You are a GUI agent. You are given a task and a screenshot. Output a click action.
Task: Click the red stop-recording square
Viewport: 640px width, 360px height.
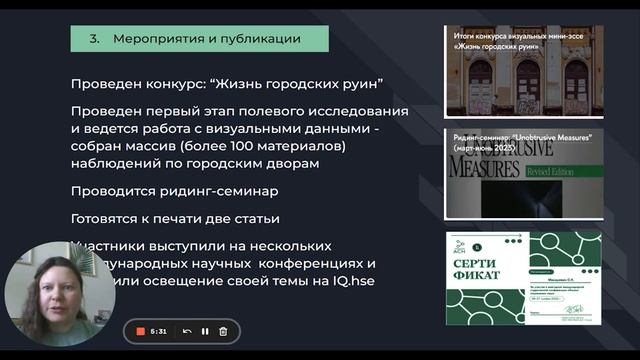(141, 331)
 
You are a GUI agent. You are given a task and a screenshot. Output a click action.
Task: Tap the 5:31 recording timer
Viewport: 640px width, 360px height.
(159, 331)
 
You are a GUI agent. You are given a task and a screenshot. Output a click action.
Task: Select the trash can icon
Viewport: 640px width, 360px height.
(223, 331)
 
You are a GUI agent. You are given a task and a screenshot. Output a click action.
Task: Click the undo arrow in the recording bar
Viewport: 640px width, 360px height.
(187, 331)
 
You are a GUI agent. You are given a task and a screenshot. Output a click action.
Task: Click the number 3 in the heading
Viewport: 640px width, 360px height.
(93, 39)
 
